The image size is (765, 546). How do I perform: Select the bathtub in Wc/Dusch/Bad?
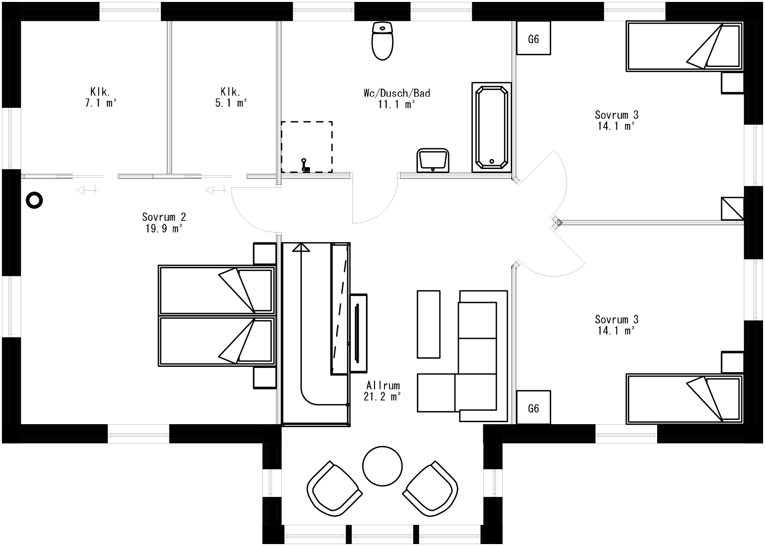(492, 127)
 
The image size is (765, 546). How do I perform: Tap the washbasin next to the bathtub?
(433, 160)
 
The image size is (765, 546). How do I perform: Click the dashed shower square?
(307, 147)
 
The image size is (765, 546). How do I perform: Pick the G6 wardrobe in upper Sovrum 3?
(533, 39)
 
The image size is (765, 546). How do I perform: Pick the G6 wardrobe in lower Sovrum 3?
(533, 408)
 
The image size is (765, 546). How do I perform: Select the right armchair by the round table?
(430, 488)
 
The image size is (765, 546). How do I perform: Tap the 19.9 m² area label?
(164, 229)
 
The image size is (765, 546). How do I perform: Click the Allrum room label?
(383, 386)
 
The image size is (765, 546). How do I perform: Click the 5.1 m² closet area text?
(231, 103)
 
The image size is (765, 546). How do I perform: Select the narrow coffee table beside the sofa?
(428, 324)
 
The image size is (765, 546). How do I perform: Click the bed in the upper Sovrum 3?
(684, 47)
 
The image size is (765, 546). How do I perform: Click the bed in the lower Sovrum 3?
(684, 398)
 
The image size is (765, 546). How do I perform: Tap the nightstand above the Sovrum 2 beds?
(264, 254)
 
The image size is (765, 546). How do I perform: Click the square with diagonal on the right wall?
(732, 209)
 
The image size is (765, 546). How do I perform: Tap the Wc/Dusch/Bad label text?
(397, 93)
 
